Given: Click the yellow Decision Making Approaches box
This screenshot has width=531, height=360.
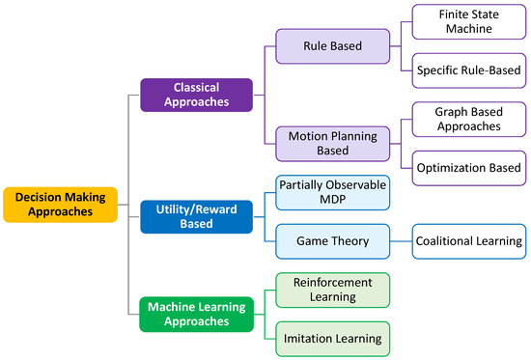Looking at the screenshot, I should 60,204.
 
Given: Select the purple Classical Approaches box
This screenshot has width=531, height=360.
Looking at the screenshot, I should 196,95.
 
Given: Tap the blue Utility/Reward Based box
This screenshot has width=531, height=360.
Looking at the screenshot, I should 196,217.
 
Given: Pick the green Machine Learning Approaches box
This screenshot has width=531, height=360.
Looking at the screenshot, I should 196,315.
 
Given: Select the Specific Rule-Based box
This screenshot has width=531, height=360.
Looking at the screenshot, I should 467,69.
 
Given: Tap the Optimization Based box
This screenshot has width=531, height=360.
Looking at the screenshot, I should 467,166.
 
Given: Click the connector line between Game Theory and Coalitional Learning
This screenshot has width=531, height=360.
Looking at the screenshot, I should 401,241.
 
